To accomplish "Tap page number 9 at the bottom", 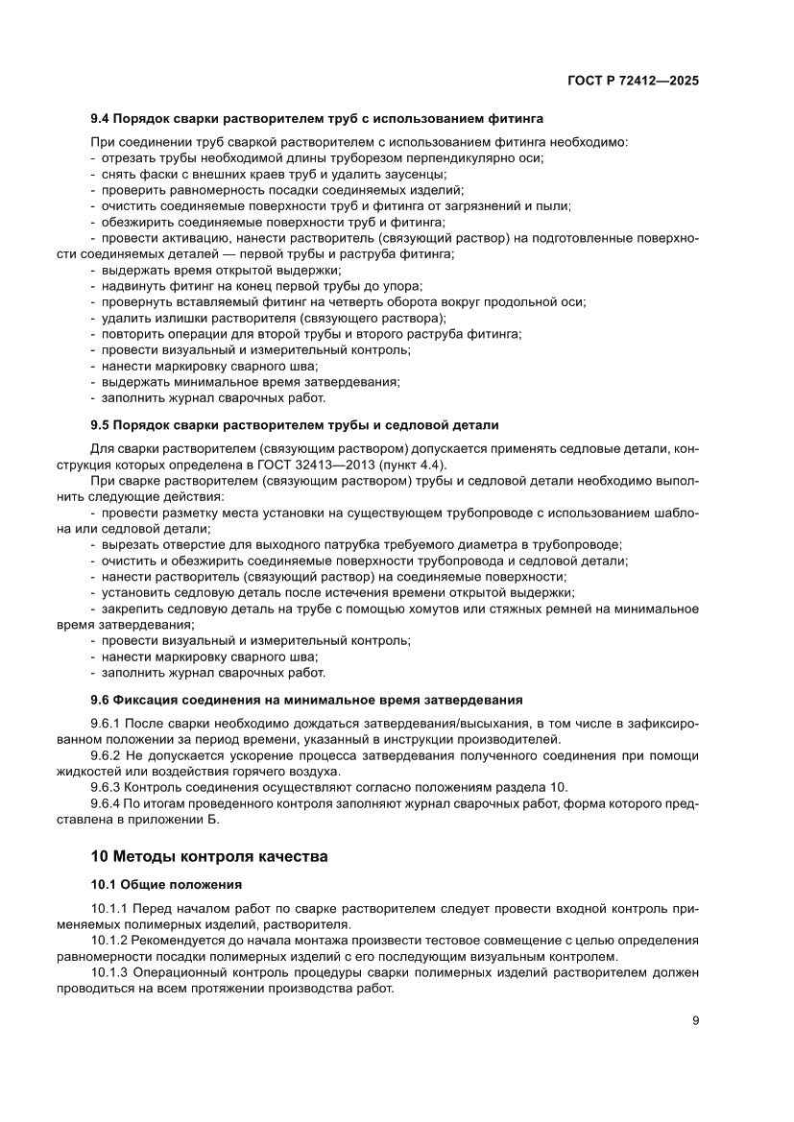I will coord(694,1021).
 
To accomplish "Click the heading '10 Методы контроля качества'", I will coord(209,855).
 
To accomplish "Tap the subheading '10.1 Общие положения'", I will coord(166,883).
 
